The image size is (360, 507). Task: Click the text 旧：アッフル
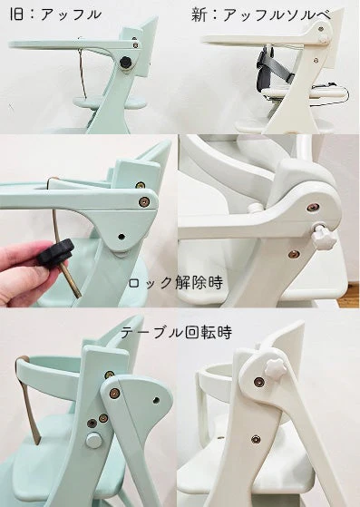tap(55, 15)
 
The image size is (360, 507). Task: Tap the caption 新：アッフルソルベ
tap(261, 15)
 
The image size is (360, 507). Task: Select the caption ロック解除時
tap(176, 283)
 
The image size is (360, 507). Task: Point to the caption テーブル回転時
tap(177, 332)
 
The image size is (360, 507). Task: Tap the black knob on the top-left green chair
tap(126, 63)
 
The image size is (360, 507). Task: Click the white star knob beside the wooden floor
tap(324, 238)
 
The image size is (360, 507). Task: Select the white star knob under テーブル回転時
tap(276, 367)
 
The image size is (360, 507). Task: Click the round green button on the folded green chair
tap(94, 440)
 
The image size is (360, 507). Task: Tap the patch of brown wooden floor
tap(348, 296)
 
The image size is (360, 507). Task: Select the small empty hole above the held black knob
tap(122, 237)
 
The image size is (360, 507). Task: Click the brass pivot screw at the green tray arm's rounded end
tap(144, 202)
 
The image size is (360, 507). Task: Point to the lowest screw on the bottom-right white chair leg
tap(256, 439)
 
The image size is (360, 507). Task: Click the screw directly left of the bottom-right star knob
tap(258, 382)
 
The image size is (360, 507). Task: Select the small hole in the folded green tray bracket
tap(156, 400)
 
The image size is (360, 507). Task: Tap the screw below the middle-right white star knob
tap(294, 254)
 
